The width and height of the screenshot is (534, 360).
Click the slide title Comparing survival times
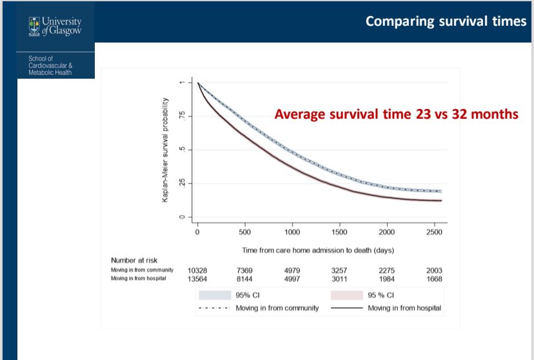(x=446, y=21)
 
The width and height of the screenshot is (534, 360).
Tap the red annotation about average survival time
(x=397, y=114)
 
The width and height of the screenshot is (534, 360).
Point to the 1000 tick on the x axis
(x=292, y=232)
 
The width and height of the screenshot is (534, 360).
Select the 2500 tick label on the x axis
(x=435, y=232)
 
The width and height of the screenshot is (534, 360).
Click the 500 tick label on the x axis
(x=244, y=232)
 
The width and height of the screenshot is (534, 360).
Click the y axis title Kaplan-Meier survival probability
(x=165, y=150)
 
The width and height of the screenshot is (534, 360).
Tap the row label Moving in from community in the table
(x=142, y=269)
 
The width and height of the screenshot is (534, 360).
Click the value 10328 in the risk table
(x=197, y=270)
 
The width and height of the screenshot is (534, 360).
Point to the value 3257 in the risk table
(x=339, y=270)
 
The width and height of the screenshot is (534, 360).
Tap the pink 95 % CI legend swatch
(x=348, y=295)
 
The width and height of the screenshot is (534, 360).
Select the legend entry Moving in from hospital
(x=404, y=308)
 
